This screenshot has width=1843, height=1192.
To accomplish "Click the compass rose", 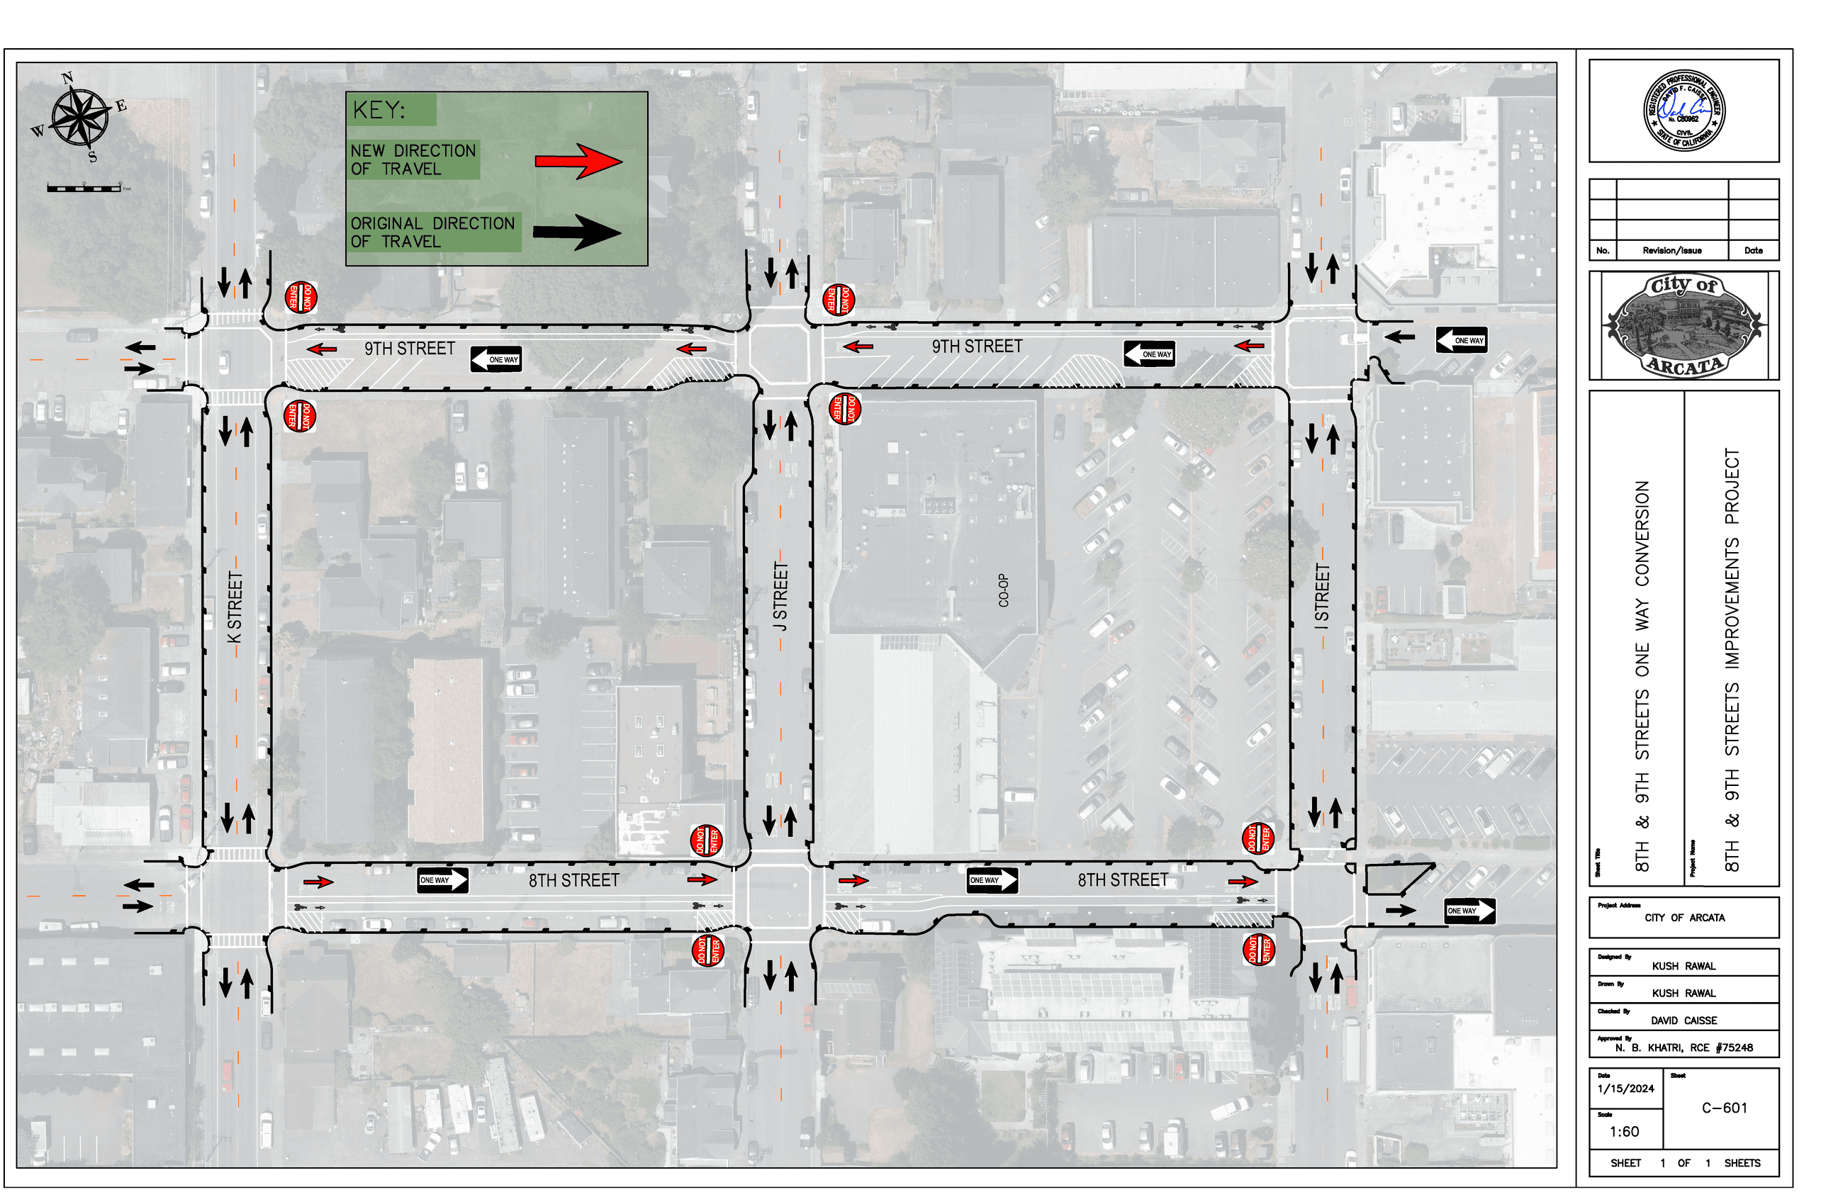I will (x=79, y=117).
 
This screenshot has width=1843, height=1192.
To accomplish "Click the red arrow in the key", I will (x=578, y=161).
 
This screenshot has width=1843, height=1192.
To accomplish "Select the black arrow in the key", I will (x=577, y=232).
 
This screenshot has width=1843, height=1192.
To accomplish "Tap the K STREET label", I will (x=235, y=607).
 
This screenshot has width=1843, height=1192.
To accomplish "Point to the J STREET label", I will (x=781, y=596).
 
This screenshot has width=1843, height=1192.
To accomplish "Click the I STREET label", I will (x=1322, y=596).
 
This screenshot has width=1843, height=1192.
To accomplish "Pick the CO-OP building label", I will (x=1003, y=590).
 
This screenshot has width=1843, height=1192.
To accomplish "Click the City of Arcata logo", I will (x=1683, y=325).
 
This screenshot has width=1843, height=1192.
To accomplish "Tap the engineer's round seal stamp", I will (x=1683, y=110).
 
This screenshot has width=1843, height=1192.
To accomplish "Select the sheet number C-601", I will (x=1724, y=1108).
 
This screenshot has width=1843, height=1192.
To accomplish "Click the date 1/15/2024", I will (x=1625, y=1089).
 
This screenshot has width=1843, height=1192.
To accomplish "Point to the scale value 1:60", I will (x=1623, y=1132).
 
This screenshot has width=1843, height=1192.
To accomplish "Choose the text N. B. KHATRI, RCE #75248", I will (x=1683, y=1047).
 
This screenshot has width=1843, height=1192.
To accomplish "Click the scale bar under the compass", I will (x=84, y=188).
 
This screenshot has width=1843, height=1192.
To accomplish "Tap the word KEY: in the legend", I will (x=379, y=110).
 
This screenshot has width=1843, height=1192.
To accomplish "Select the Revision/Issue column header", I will (x=1671, y=251).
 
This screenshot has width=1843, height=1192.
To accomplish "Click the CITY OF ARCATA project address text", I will (x=1684, y=917).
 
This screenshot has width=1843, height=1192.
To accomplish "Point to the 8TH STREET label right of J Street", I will (x=1122, y=880).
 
